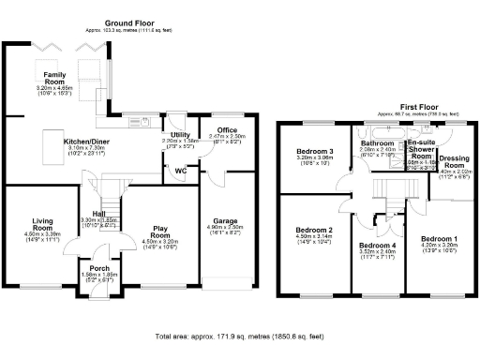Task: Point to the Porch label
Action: [x=92, y=266]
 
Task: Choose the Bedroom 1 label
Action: [x=437, y=239]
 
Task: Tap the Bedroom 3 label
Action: [x=315, y=151]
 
